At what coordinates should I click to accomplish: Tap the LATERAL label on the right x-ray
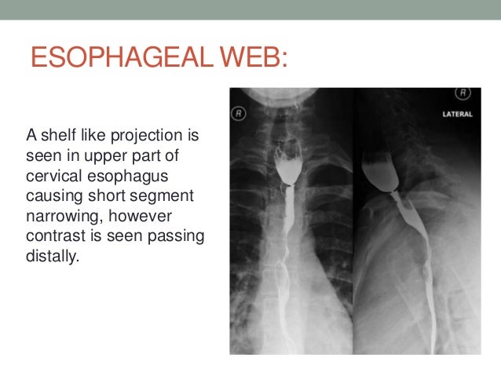click(455, 114)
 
